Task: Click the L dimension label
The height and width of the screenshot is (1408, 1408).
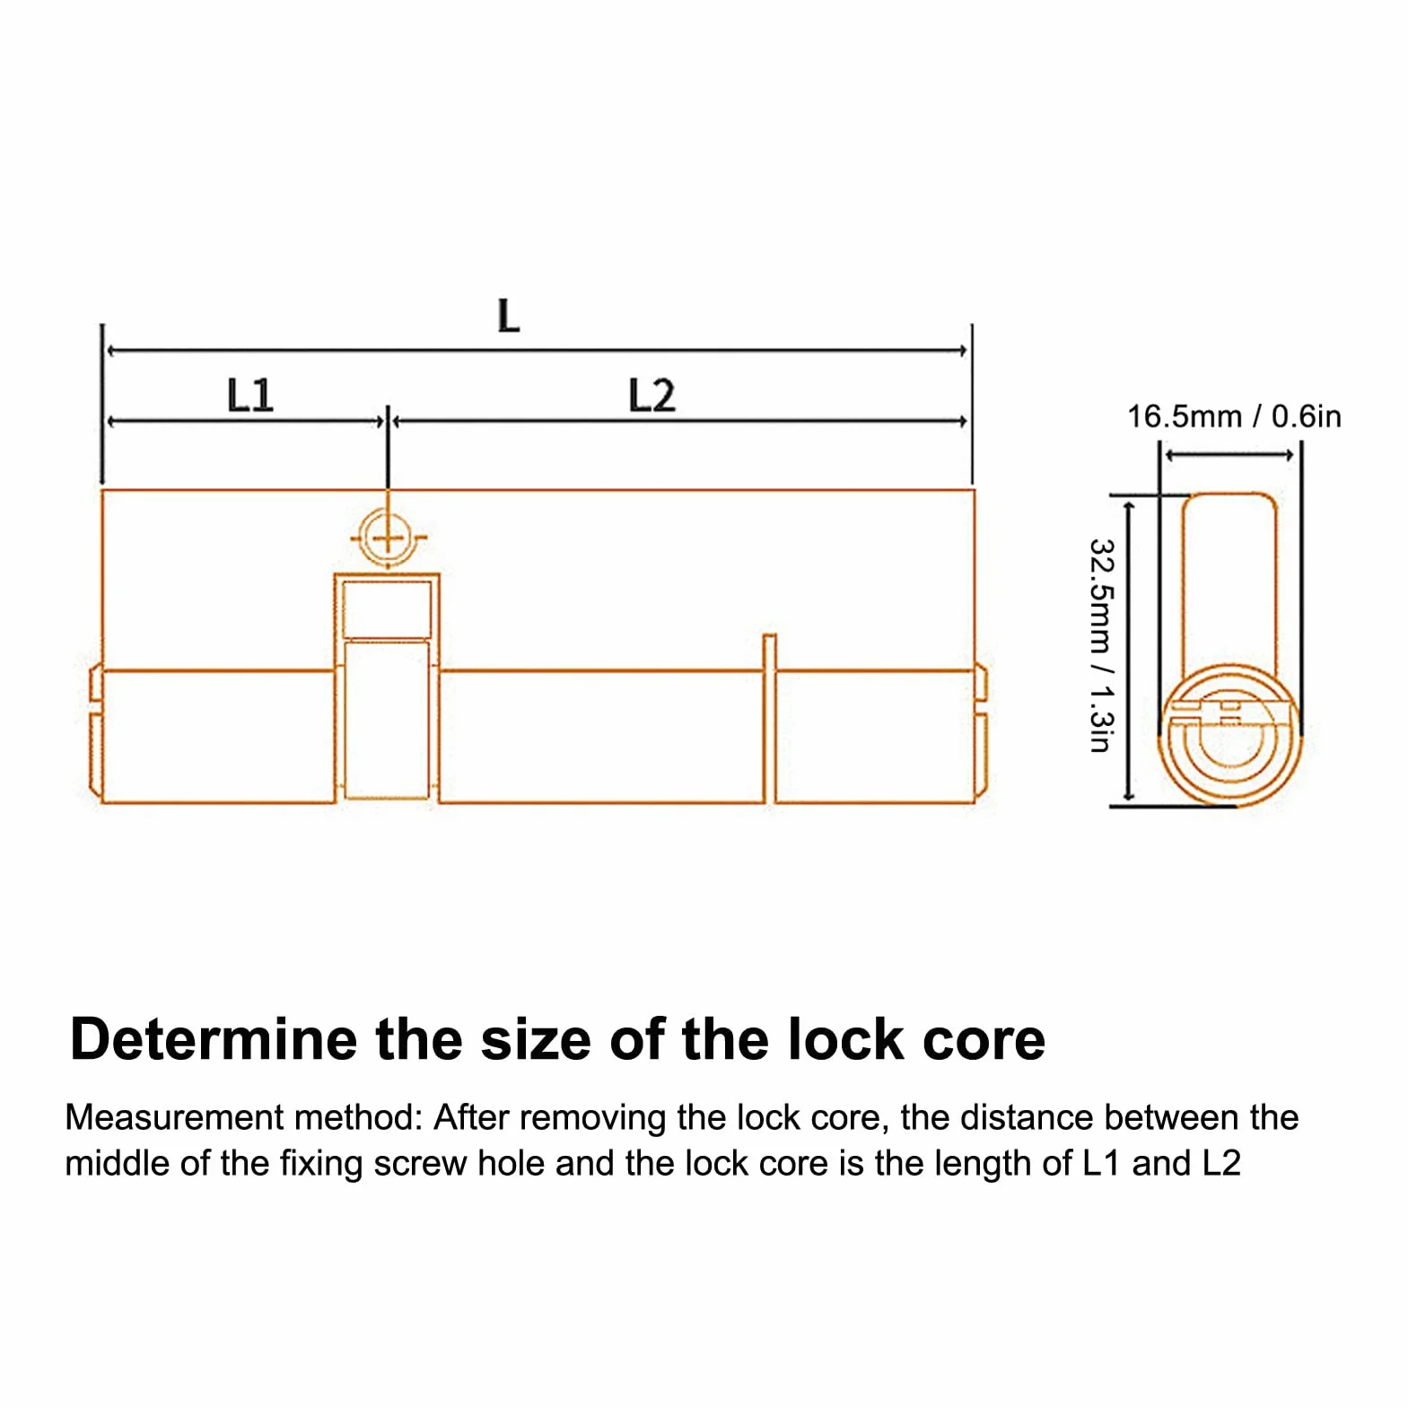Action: tap(509, 316)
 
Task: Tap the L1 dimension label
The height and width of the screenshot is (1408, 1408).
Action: tap(249, 395)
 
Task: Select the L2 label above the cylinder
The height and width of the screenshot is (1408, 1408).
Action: tap(652, 395)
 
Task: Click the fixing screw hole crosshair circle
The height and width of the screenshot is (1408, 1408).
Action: tap(388, 538)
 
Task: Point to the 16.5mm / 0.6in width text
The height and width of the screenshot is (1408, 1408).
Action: tap(1234, 416)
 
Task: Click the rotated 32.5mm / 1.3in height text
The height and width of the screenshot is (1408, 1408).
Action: tap(1101, 645)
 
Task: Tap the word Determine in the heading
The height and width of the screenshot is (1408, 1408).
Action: tap(214, 1039)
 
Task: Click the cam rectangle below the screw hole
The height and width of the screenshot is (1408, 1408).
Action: tap(387, 686)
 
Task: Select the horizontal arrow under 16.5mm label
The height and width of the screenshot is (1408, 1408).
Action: tap(1229, 456)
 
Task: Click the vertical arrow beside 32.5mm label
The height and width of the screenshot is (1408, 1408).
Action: tap(1129, 650)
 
